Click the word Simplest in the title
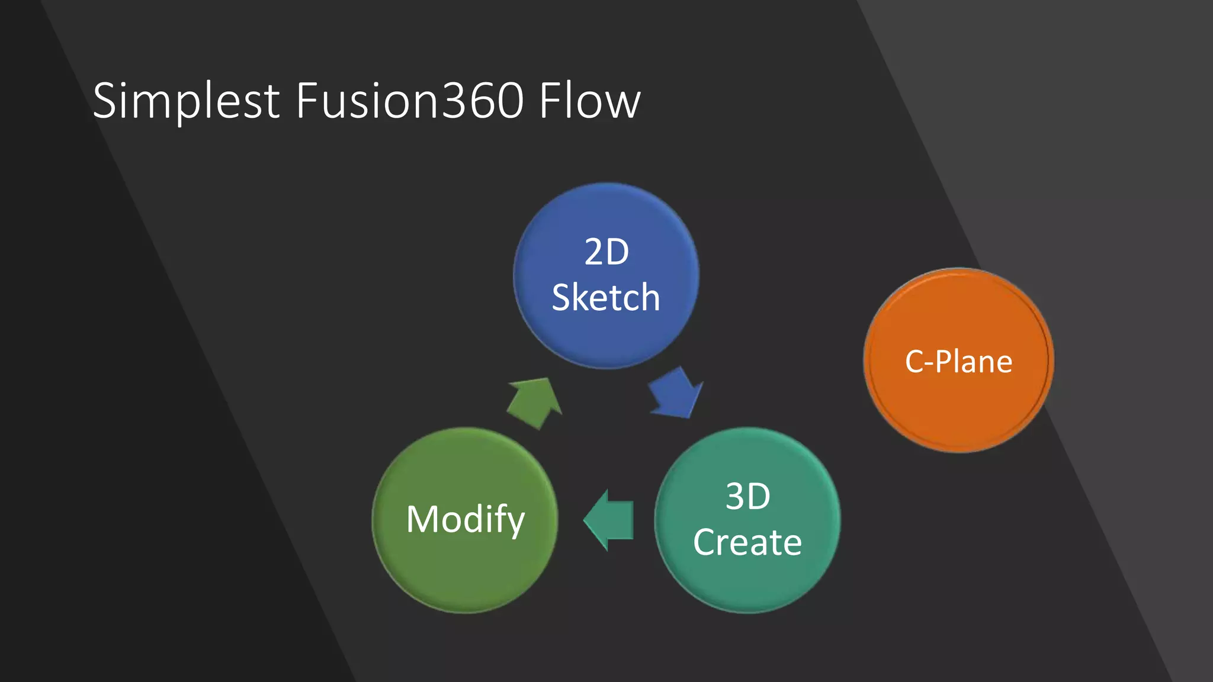pos(186,101)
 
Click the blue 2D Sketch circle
pos(606,332)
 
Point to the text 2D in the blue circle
pos(606,252)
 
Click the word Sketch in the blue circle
pos(606,297)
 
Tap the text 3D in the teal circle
pos(748,496)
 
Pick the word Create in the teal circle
pos(747,542)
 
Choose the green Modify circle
pos(465,568)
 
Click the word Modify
pos(466,519)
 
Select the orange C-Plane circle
pos(959,408)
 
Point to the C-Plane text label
pos(958,362)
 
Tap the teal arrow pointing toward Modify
pos(609,520)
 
